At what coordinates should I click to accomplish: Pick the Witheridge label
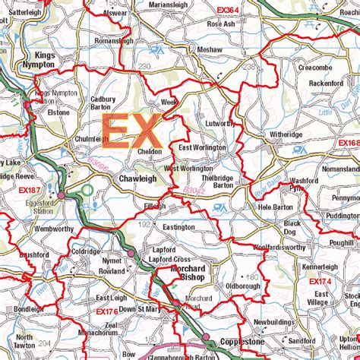pyautogui.click(x=286, y=134)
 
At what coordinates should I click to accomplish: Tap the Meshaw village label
pyautogui.click(x=209, y=49)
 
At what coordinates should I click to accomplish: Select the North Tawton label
pyautogui.click(x=24, y=341)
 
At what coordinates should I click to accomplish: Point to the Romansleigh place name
pyautogui.click(x=115, y=41)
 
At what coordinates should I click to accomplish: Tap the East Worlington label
pyautogui.click(x=202, y=147)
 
